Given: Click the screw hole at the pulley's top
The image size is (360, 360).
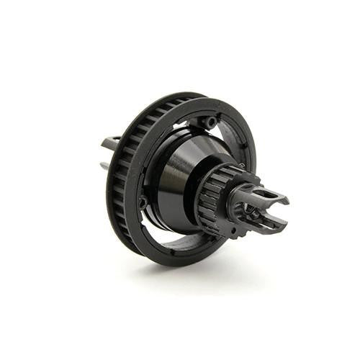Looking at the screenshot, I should [x=210, y=122].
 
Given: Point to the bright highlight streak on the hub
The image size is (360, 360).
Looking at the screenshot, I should [x=167, y=180].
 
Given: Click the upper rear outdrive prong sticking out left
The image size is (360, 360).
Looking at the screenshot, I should [x=110, y=143].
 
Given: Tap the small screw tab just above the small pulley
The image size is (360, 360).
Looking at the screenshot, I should [x=240, y=166].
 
